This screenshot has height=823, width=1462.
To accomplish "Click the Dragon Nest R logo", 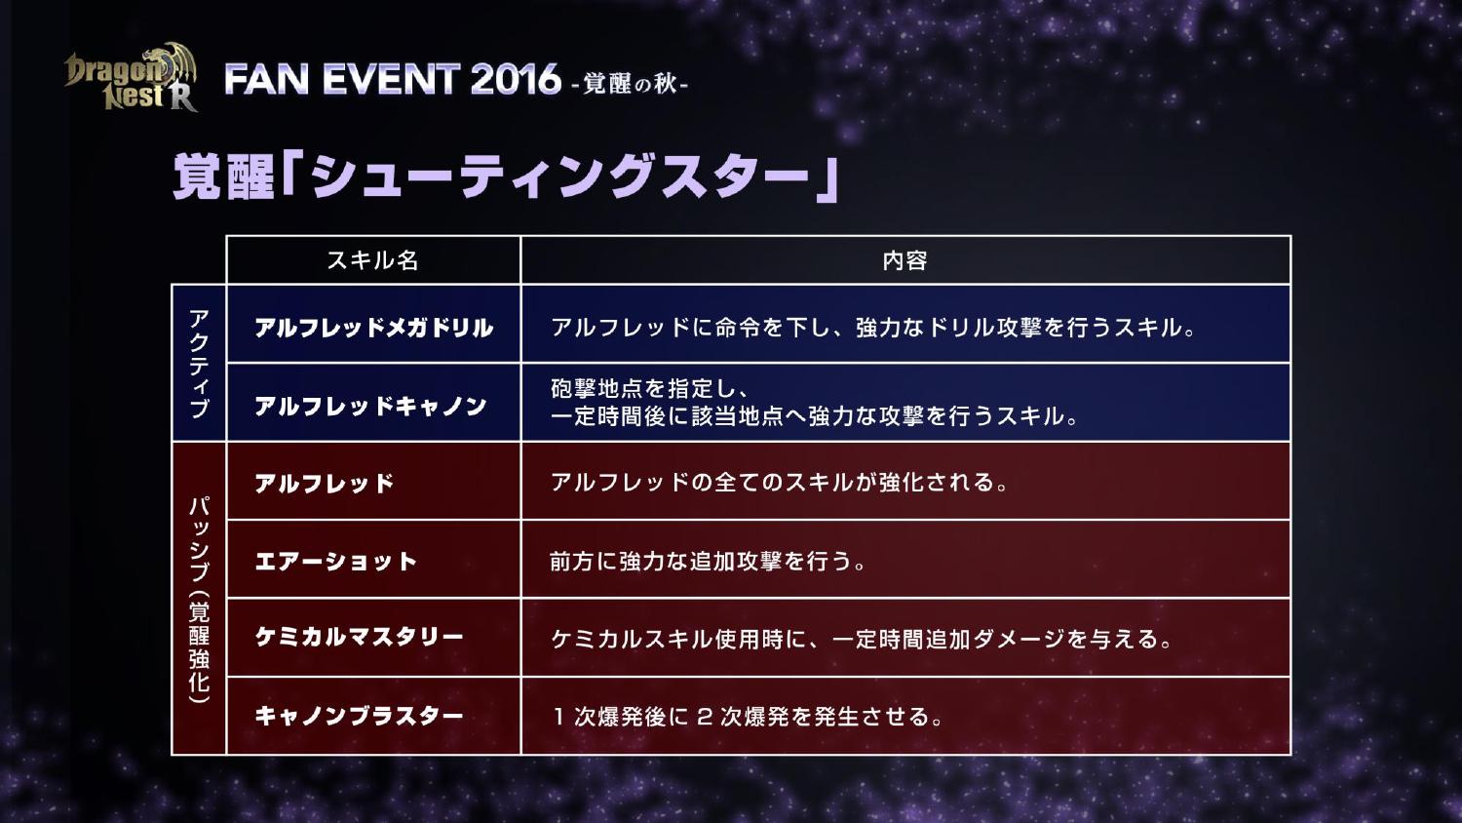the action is pos(131,78).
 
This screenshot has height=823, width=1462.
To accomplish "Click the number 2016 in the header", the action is pos(515,80).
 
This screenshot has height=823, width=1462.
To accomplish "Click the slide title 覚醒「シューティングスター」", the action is pos(506,177).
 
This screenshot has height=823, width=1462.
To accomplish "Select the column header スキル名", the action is pos(372,260).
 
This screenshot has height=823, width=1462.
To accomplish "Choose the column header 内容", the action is pos(905,260).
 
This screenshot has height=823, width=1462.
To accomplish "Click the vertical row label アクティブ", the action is pos(199,363).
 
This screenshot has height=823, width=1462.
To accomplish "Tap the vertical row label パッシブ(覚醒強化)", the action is pos(199,600).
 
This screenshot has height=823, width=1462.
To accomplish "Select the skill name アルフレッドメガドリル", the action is pos(373,328).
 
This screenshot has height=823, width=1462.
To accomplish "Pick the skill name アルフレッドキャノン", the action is pos(370,407).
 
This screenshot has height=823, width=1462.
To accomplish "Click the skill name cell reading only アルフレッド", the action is pos(325,484).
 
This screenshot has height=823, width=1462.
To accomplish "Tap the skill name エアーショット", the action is pos(335,562).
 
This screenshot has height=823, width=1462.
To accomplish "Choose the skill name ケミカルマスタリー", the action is pos(359,638).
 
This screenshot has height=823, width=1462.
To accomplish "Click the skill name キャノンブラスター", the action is pos(359,716).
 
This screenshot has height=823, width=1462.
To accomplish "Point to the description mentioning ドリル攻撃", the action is pos(873,328).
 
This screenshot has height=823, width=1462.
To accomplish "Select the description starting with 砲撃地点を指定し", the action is pos(814,403).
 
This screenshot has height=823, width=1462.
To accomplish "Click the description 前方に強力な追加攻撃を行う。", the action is pos(708,561).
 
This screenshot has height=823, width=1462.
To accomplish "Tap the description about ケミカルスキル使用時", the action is pos(862,638).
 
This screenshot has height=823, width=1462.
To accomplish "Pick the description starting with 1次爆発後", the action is pos(748,717).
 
